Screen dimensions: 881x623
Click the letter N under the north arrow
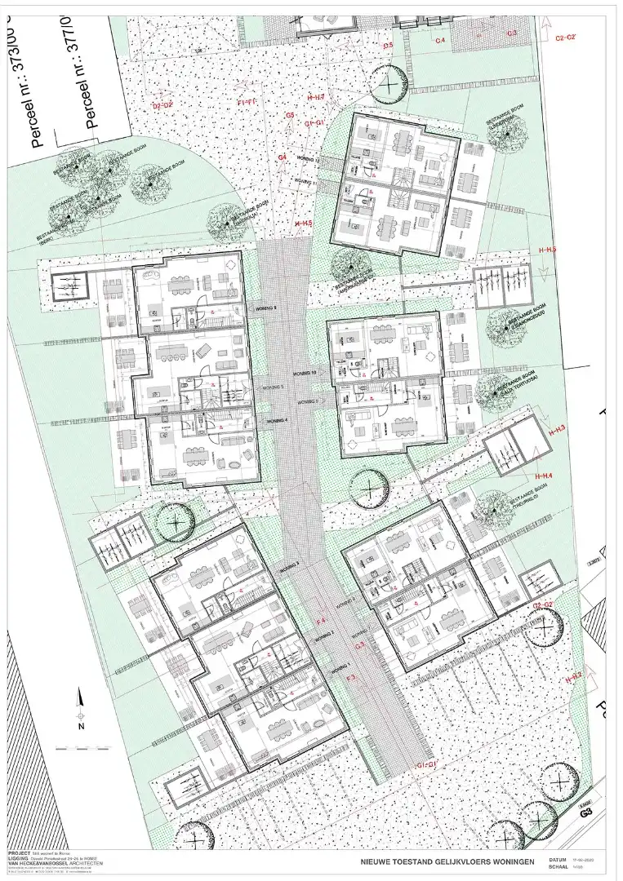[x=82, y=725]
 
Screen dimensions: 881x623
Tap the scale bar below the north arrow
[x=82, y=747]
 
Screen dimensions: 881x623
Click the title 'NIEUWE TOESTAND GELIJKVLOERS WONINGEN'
[x=447, y=861]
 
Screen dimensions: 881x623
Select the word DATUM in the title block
[x=558, y=860]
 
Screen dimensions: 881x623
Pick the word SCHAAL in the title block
[x=558, y=868]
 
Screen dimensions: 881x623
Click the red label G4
[x=283, y=157]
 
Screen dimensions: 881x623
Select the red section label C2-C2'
[x=566, y=38]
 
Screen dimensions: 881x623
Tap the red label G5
[x=289, y=116]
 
